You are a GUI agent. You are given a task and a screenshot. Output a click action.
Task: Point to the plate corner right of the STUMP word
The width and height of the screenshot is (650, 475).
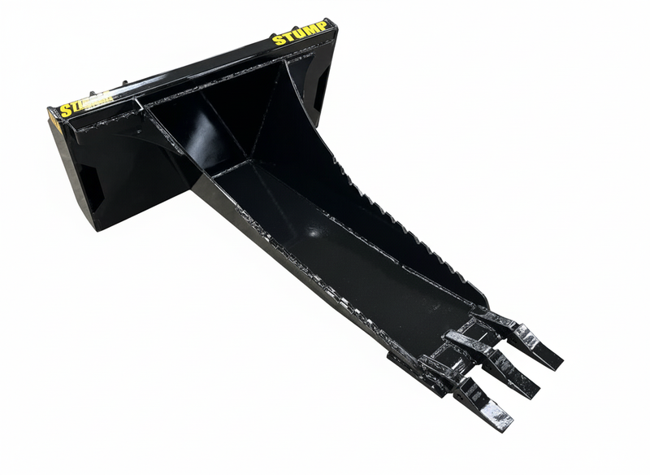(x=332, y=24)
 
